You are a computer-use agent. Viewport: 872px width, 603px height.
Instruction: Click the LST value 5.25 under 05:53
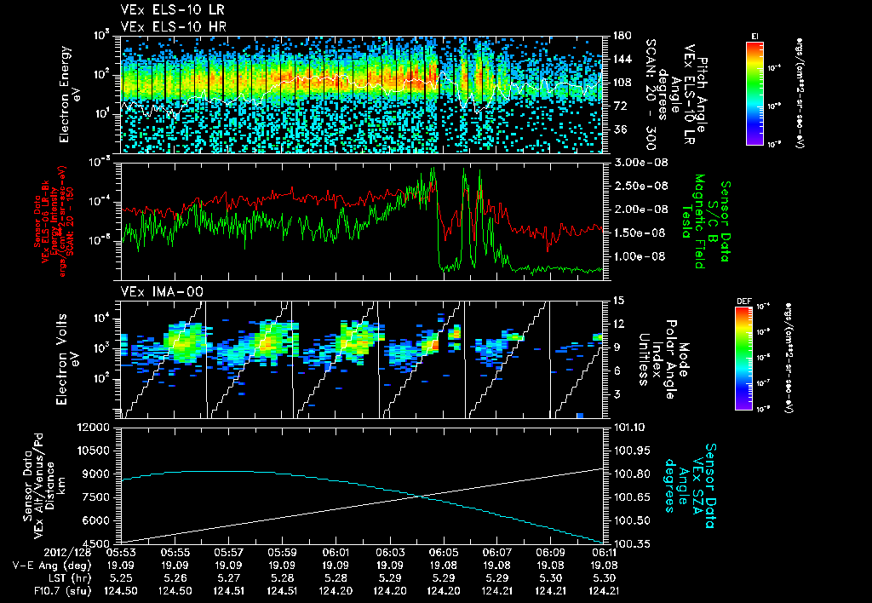tap(121, 576)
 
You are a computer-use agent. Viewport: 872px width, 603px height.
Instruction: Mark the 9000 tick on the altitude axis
tap(103, 474)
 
